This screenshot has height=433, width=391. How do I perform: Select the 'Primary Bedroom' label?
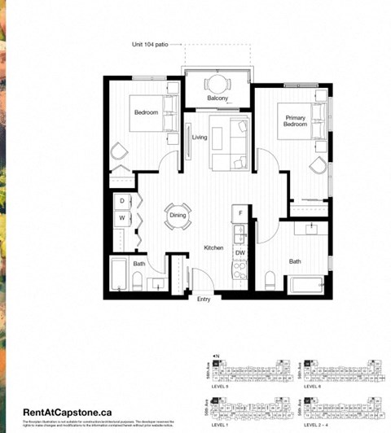point(295,120)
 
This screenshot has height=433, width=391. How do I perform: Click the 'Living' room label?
point(199,138)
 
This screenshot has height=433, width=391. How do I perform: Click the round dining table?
point(178,217)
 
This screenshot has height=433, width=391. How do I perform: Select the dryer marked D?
point(121,201)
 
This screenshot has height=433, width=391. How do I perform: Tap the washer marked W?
point(121,218)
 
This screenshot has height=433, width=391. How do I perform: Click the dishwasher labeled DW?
point(240,253)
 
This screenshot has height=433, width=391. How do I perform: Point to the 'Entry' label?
point(203,299)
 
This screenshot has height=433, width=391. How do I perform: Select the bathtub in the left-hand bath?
point(119,274)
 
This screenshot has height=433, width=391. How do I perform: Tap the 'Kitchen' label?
point(213,247)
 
